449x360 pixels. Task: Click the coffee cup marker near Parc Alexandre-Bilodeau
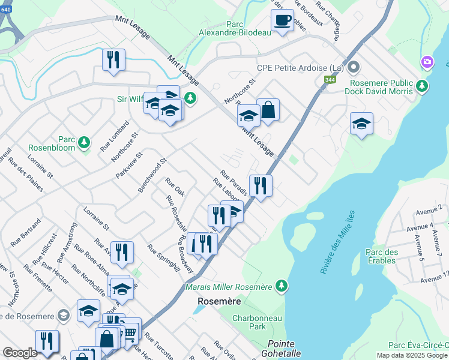282,21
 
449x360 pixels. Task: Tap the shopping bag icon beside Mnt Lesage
268,110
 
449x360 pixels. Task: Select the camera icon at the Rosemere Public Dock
427,62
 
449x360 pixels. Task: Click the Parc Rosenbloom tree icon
85,142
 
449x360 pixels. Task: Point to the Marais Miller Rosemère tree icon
280,284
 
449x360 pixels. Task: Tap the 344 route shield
330,79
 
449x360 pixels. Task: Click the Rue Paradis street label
234,178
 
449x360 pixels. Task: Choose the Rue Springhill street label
163,259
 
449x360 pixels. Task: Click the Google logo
20,353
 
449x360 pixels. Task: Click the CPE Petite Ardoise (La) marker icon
354,67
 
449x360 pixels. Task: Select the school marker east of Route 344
361,124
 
